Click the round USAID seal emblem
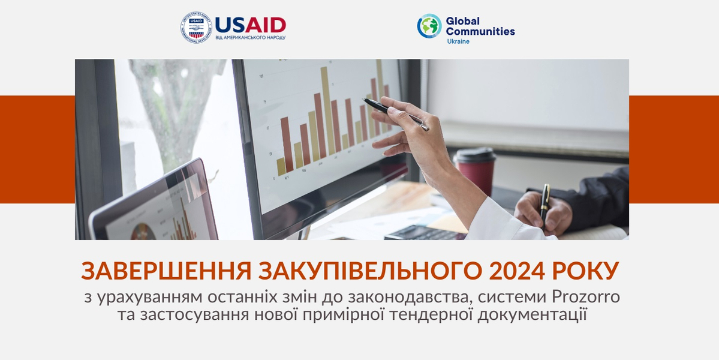click(x=196, y=27)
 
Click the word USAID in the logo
click(x=250, y=25)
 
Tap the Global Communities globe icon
click(x=429, y=26)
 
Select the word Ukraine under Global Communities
click(x=458, y=41)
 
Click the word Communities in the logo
click(x=480, y=31)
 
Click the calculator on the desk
click(x=423, y=233)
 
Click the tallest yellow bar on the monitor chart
click(x=327, y=109)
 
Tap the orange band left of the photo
click(x=37, y=149)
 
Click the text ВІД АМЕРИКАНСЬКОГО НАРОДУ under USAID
click(x=250, y=37)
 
